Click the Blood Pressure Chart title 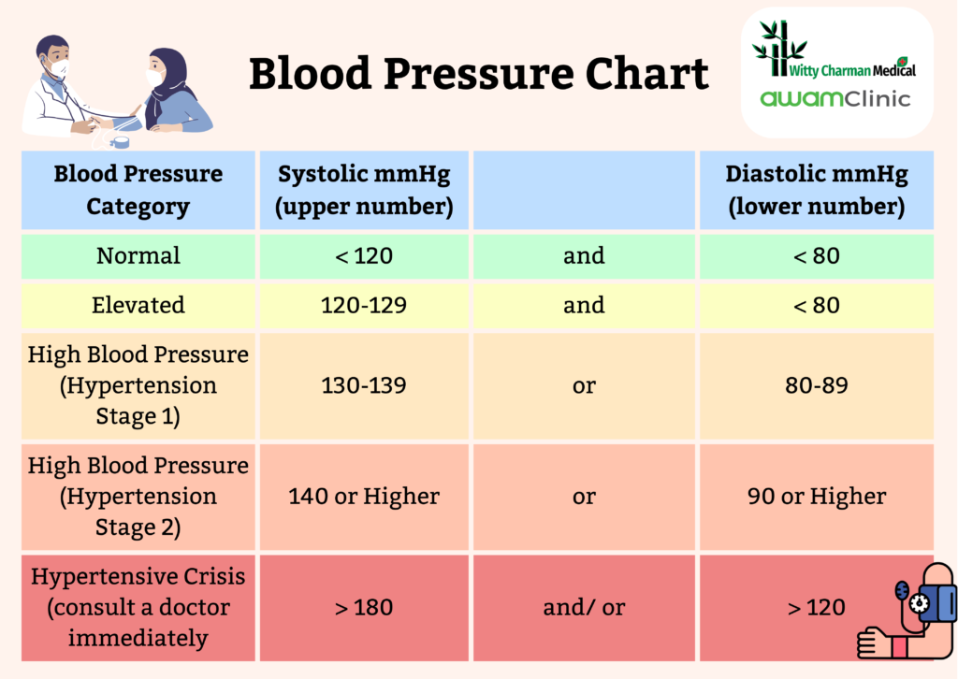click(x=478, y=74)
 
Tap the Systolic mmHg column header click(x=364, y=191)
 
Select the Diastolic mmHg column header click(x=817, y=191)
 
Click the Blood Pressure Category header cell click(x=138, y=191)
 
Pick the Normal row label click(x=138, y=256)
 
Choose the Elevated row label click(x=138, y=306)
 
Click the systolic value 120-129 click(x=364, y=306)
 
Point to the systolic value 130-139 click(x=364, y=385)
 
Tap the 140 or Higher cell click(x=364, y=497)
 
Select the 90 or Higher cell click(x=817, y=497)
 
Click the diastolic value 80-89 click(x=817, y=385)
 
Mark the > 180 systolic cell click(x=364, y=608)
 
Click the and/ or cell click(x=584, y=608)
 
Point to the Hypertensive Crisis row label click(x=138, y=608)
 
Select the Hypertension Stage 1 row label click(x=138, y=385)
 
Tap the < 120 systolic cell click(x=364, y=256)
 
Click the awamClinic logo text click(x=835, y=98)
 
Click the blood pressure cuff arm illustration click(x=906, y=613)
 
